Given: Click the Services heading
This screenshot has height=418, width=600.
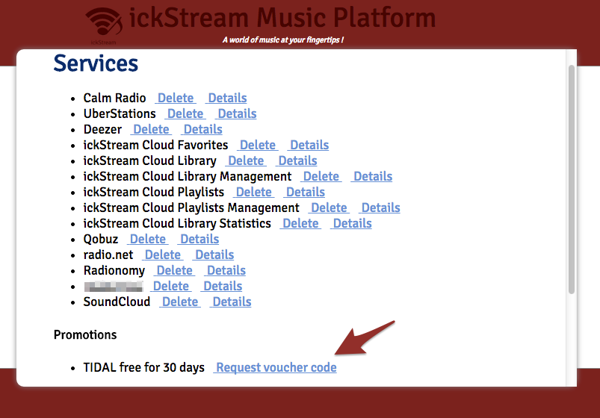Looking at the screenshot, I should click(x=96, y=63).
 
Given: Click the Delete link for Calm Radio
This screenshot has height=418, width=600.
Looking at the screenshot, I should click(x=176, y=98).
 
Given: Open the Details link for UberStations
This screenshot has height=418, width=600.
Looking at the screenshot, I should click(x=237, y=113).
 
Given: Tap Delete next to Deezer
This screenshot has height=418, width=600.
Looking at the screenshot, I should click(x=151, y=129).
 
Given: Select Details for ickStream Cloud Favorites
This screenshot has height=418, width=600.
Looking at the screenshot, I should click(x=309, y=145).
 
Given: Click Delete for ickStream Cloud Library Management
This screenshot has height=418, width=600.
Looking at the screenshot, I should click(x=321, y=176).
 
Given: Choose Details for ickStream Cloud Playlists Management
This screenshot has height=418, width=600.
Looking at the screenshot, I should click(x=380, y=208).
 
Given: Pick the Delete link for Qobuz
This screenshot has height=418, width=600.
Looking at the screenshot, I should click(x=148, y=239).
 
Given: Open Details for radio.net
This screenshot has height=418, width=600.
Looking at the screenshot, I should click(x=214, y=255).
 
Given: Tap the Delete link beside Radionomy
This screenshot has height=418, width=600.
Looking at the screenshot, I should click(x=175, y=270).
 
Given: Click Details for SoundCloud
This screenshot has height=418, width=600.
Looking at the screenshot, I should click(x=232, y=302).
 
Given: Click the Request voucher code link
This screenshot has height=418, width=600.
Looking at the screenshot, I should click(x=276, y=367).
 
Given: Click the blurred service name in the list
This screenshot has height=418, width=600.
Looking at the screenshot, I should click(x=113, y=286).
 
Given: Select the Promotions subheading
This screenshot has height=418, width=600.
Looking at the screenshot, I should click(x=85, y=334).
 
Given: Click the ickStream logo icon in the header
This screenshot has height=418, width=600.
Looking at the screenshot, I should click(x=102, y=23).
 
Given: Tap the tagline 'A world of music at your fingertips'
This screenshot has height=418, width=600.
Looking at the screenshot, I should click(x=282, y=40).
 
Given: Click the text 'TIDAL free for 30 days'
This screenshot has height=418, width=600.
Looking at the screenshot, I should click(x=144, y=367).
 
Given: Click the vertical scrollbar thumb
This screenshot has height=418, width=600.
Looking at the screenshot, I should click(x=572, y=179).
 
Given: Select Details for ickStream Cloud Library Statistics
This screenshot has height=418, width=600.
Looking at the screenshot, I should click(x=352, y=223).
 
